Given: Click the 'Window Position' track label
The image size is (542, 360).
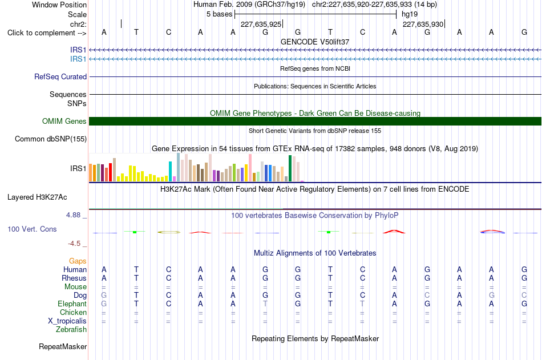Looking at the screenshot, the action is pyautogui.click(x=59, y=5).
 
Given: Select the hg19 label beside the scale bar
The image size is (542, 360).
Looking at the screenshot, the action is pyautogui.click(x=410, y=14).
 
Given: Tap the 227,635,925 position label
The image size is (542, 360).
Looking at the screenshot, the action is pyautogui.click(x=261, y=24).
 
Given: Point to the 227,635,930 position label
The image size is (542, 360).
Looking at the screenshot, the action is pyautogui.click(x=423, y=24).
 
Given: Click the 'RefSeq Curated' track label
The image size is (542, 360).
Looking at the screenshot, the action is pyautogui.click(x=60, y=77).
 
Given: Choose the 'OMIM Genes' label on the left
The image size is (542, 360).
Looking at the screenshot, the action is pyautogui.click(x=64, y=122).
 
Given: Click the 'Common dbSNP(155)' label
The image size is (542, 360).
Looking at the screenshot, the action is pyautogui.click(x=51, y=139).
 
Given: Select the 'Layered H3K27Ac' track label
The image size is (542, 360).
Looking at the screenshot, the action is pyautogui.click(x=37, y=197).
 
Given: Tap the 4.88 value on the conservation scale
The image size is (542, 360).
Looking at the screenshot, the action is pyautogui.click(x=73, y=215).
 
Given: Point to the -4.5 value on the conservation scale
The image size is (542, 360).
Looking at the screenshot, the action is pyautogui.click(x=74, y=244).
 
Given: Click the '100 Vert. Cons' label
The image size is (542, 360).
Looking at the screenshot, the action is pyautogui.click(x=32, y=229).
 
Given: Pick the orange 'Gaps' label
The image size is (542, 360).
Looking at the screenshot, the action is pyautogui.click(x=78, y=261).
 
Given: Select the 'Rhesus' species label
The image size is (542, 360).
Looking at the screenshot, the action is pyautogui.click(x=74, y=278).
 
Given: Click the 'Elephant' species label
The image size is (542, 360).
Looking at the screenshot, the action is pyautogui.click(x=72, y=304).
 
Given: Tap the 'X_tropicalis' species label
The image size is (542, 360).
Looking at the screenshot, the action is pyautogui.click(x=67, y=321).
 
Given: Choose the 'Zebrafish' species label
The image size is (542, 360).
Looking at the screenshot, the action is pyautogui.click(x=71, y=330).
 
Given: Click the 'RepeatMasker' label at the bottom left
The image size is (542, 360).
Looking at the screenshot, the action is pyautogui.click(x=63, y=346).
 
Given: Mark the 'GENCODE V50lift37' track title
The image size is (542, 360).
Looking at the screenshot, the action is pyautogui.click(x=315, y=42).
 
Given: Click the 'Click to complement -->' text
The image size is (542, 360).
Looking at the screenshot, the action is pyautogui.click(x=47, y=33).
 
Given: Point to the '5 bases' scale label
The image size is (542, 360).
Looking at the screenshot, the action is pyautogui.click(x=220, y=14).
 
